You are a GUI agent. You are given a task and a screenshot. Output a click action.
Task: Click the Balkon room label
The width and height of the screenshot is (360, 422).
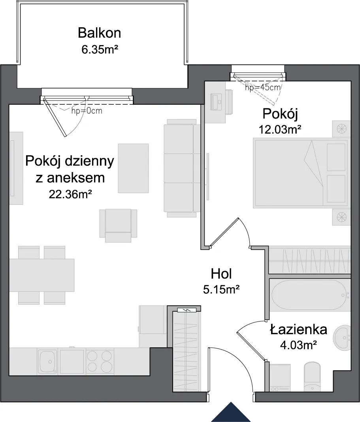[99, 33]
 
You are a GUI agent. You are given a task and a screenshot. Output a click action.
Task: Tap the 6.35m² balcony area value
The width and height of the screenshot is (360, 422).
[100, 49]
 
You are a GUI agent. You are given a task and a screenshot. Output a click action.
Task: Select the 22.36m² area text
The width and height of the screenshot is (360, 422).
[70, 194]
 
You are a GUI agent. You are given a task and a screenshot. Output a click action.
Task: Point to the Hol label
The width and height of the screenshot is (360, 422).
[221, 274]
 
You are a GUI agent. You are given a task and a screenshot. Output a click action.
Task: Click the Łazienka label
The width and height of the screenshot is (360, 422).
[298, 329]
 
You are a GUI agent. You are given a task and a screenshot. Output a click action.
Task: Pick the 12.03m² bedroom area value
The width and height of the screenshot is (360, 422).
[280, 129]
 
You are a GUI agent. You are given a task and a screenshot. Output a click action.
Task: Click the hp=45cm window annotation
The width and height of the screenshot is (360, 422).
[263, 87]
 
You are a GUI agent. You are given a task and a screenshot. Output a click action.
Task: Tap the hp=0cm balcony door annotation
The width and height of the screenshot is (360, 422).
[87, 111]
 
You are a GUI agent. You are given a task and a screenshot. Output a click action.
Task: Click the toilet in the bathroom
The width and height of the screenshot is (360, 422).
[312, 377]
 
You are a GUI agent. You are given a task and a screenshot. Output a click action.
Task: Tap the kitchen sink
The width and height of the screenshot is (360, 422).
[47, 361]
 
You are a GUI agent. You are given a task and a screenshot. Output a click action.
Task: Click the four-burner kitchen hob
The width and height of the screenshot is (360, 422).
[100, 361]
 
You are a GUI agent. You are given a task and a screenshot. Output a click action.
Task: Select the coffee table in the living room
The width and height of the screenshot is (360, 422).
[133, 168]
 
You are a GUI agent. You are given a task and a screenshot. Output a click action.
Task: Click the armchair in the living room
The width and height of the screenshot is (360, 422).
[118, 225]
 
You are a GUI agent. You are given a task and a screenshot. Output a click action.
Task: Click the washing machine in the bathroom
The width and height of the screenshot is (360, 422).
[280, 377]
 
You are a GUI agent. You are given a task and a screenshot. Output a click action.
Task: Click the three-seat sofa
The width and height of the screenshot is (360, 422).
[182, 168]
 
